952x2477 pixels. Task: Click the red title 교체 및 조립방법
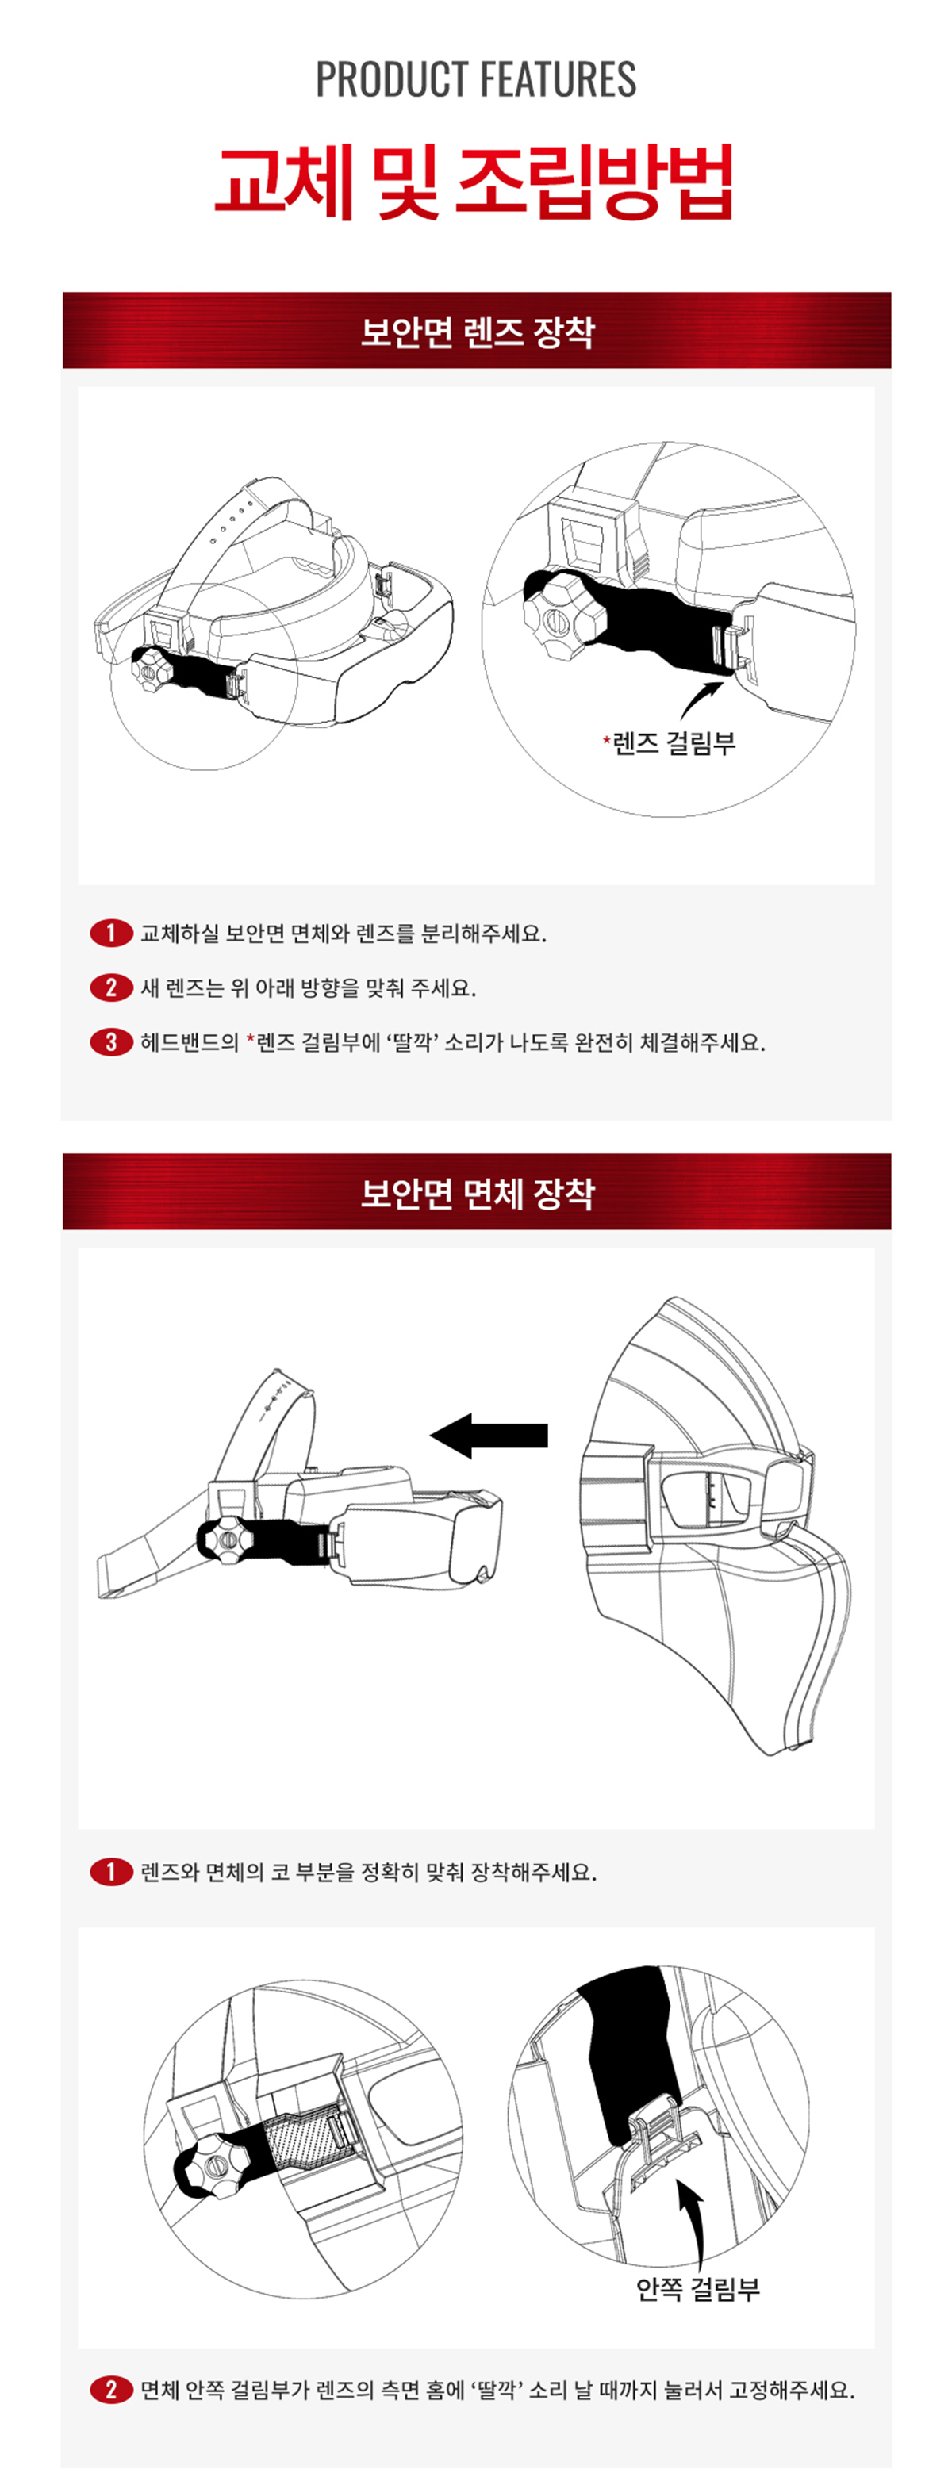click(x=475, y=182)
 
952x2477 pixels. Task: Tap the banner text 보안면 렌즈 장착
click(x=477, y=332)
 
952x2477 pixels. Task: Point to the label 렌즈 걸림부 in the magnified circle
click(x=673, y=742)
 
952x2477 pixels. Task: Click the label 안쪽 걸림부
click(x=697, y=2288)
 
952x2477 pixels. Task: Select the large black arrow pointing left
click(x=489, y=1436)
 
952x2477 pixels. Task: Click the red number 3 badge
click(x=110, y=1042)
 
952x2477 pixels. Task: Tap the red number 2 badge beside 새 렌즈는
click(x=110, y=987)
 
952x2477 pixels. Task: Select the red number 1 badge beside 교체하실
click(x=110, y=933)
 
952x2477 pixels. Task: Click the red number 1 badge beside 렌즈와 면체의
click(x=110, y=1871)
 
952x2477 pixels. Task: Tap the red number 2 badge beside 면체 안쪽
click(x=110, y=2390)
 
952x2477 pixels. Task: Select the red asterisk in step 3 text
click(x=251, y=1038)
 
